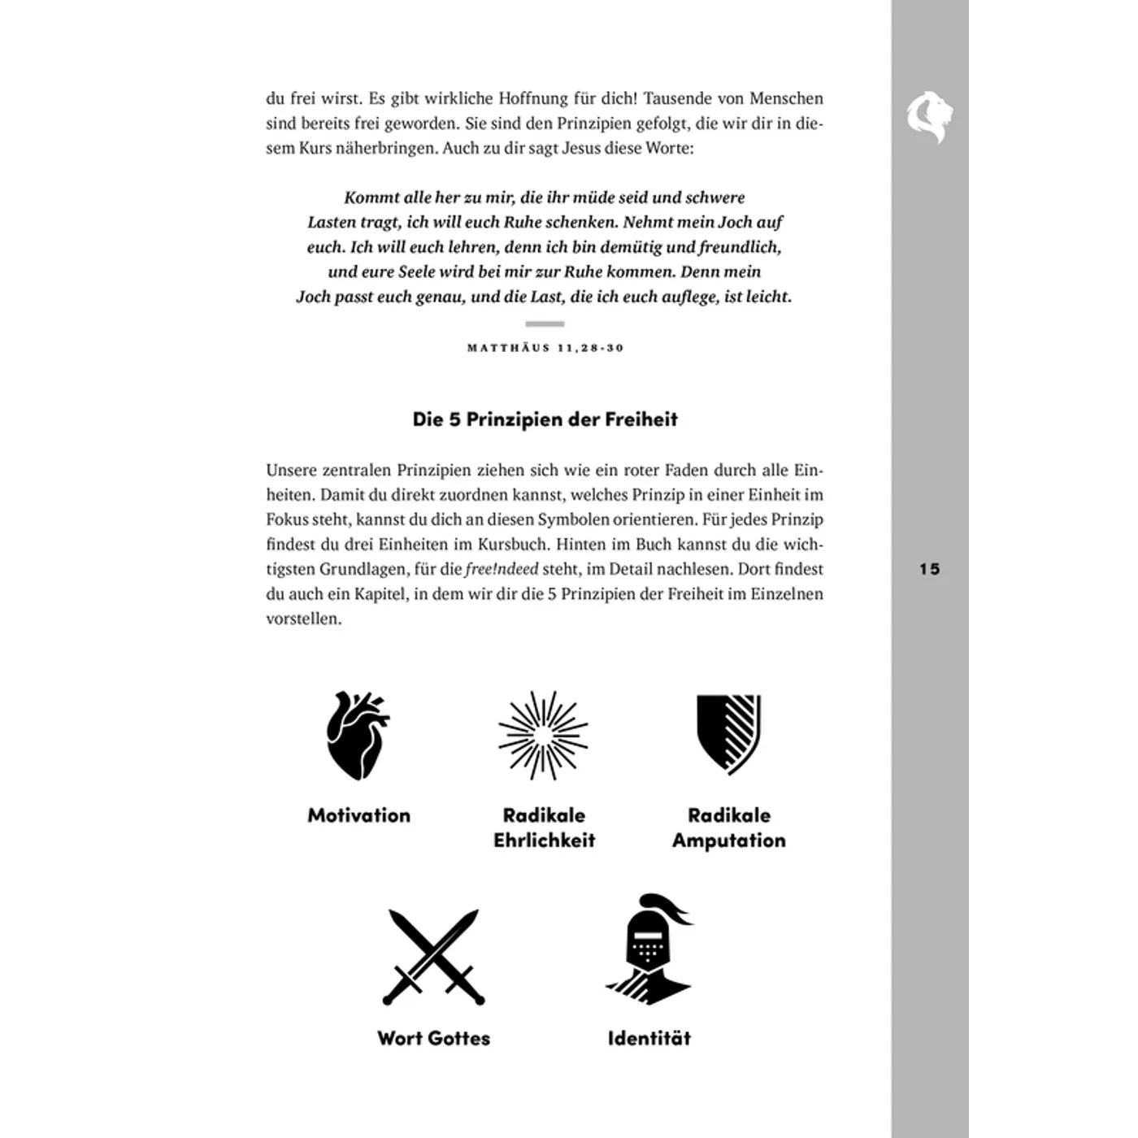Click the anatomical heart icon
tap(357, 736)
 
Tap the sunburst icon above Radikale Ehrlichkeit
tap(543, 736)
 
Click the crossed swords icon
tap(434, 958)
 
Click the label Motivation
tap(358, 815)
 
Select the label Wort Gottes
tap(433, 1038)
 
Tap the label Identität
tap(649, 1038)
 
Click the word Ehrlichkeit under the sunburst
tap(544, 840)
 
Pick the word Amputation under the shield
tap(728, 840)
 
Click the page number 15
tap(930, 569)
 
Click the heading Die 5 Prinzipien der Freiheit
tap(545, 419)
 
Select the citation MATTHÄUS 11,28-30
tap(545, 348)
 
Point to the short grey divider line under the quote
tap(545, 324)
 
